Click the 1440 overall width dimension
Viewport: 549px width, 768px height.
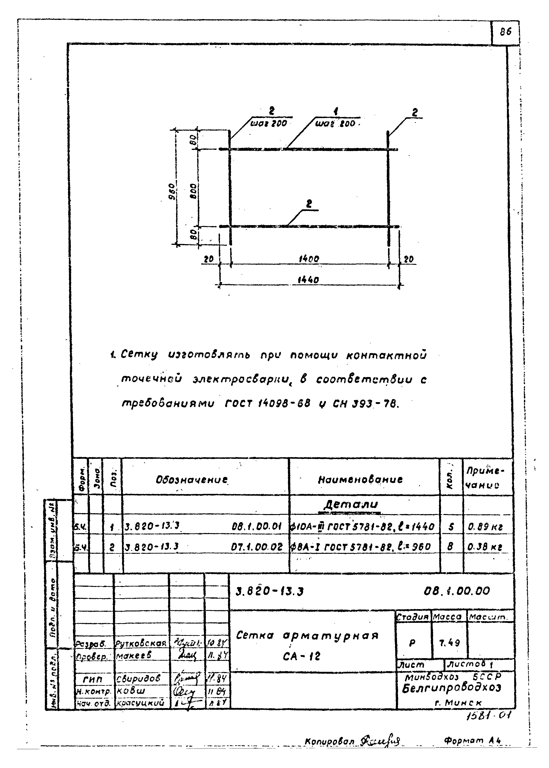(x=308, y=280)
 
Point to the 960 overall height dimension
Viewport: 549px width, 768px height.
(x=172, y=192)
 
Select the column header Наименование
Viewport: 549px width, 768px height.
(x=360, y=479)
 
